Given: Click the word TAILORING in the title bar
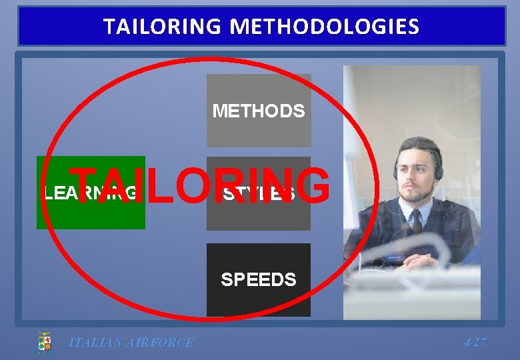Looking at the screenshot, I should click(x=160, y=27).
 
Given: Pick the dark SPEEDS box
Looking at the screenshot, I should click(x=259, y=297).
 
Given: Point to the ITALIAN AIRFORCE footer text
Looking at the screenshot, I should click(x=131, y=343).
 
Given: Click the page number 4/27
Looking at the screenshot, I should click(x=475, y=343).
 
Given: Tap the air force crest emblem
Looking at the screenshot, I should click(x=45, y=343).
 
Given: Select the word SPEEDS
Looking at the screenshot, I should click(x=259, y=279).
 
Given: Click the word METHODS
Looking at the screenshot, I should click(x=259, y=111).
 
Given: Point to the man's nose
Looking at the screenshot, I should click(x=411, y=178).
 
